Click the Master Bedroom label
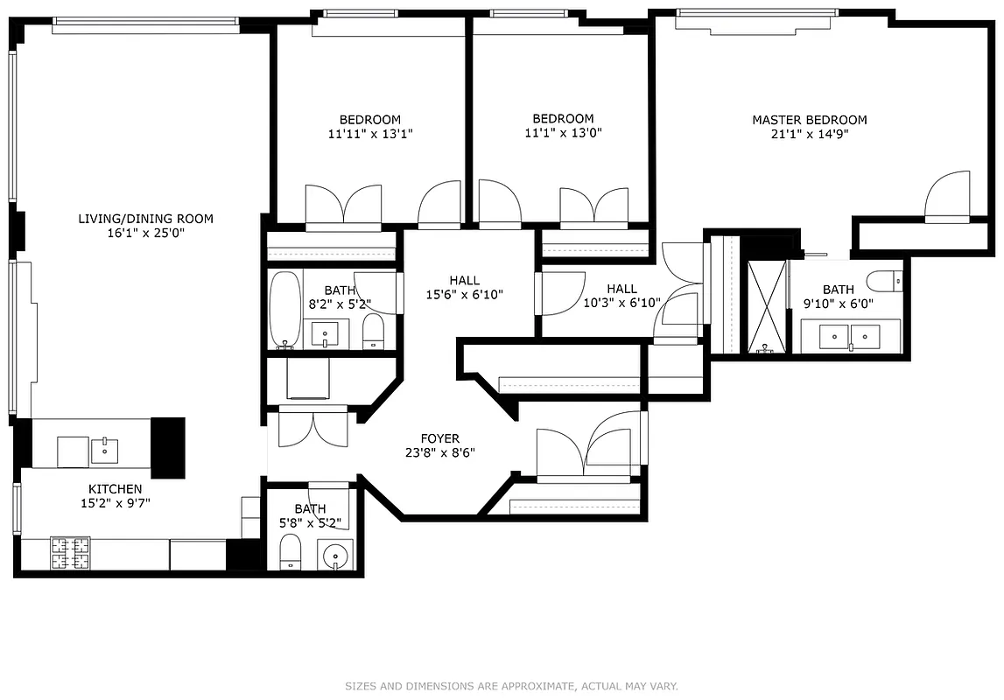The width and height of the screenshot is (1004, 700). tap(809, 120)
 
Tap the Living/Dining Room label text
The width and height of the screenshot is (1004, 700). tap(145, 219)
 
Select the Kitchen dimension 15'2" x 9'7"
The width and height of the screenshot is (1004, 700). tap(115, 503)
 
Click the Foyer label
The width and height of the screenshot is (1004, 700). tap(439, 438)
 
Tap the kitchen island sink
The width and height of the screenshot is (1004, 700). tap(104, 451)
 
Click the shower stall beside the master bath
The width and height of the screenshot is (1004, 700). tap(768, 307)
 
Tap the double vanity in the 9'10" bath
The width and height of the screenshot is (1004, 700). tap(850, 336)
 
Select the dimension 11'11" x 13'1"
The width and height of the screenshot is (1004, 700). tap(370, 134)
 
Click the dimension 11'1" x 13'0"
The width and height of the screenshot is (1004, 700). tap(563, 133)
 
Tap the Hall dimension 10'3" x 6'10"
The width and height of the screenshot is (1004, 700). tap(621, 303)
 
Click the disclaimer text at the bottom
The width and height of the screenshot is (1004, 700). tap(511, 686)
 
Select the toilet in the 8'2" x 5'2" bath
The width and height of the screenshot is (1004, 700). tap(373, 332)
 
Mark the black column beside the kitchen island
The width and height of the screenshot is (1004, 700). tap(168, 447)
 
